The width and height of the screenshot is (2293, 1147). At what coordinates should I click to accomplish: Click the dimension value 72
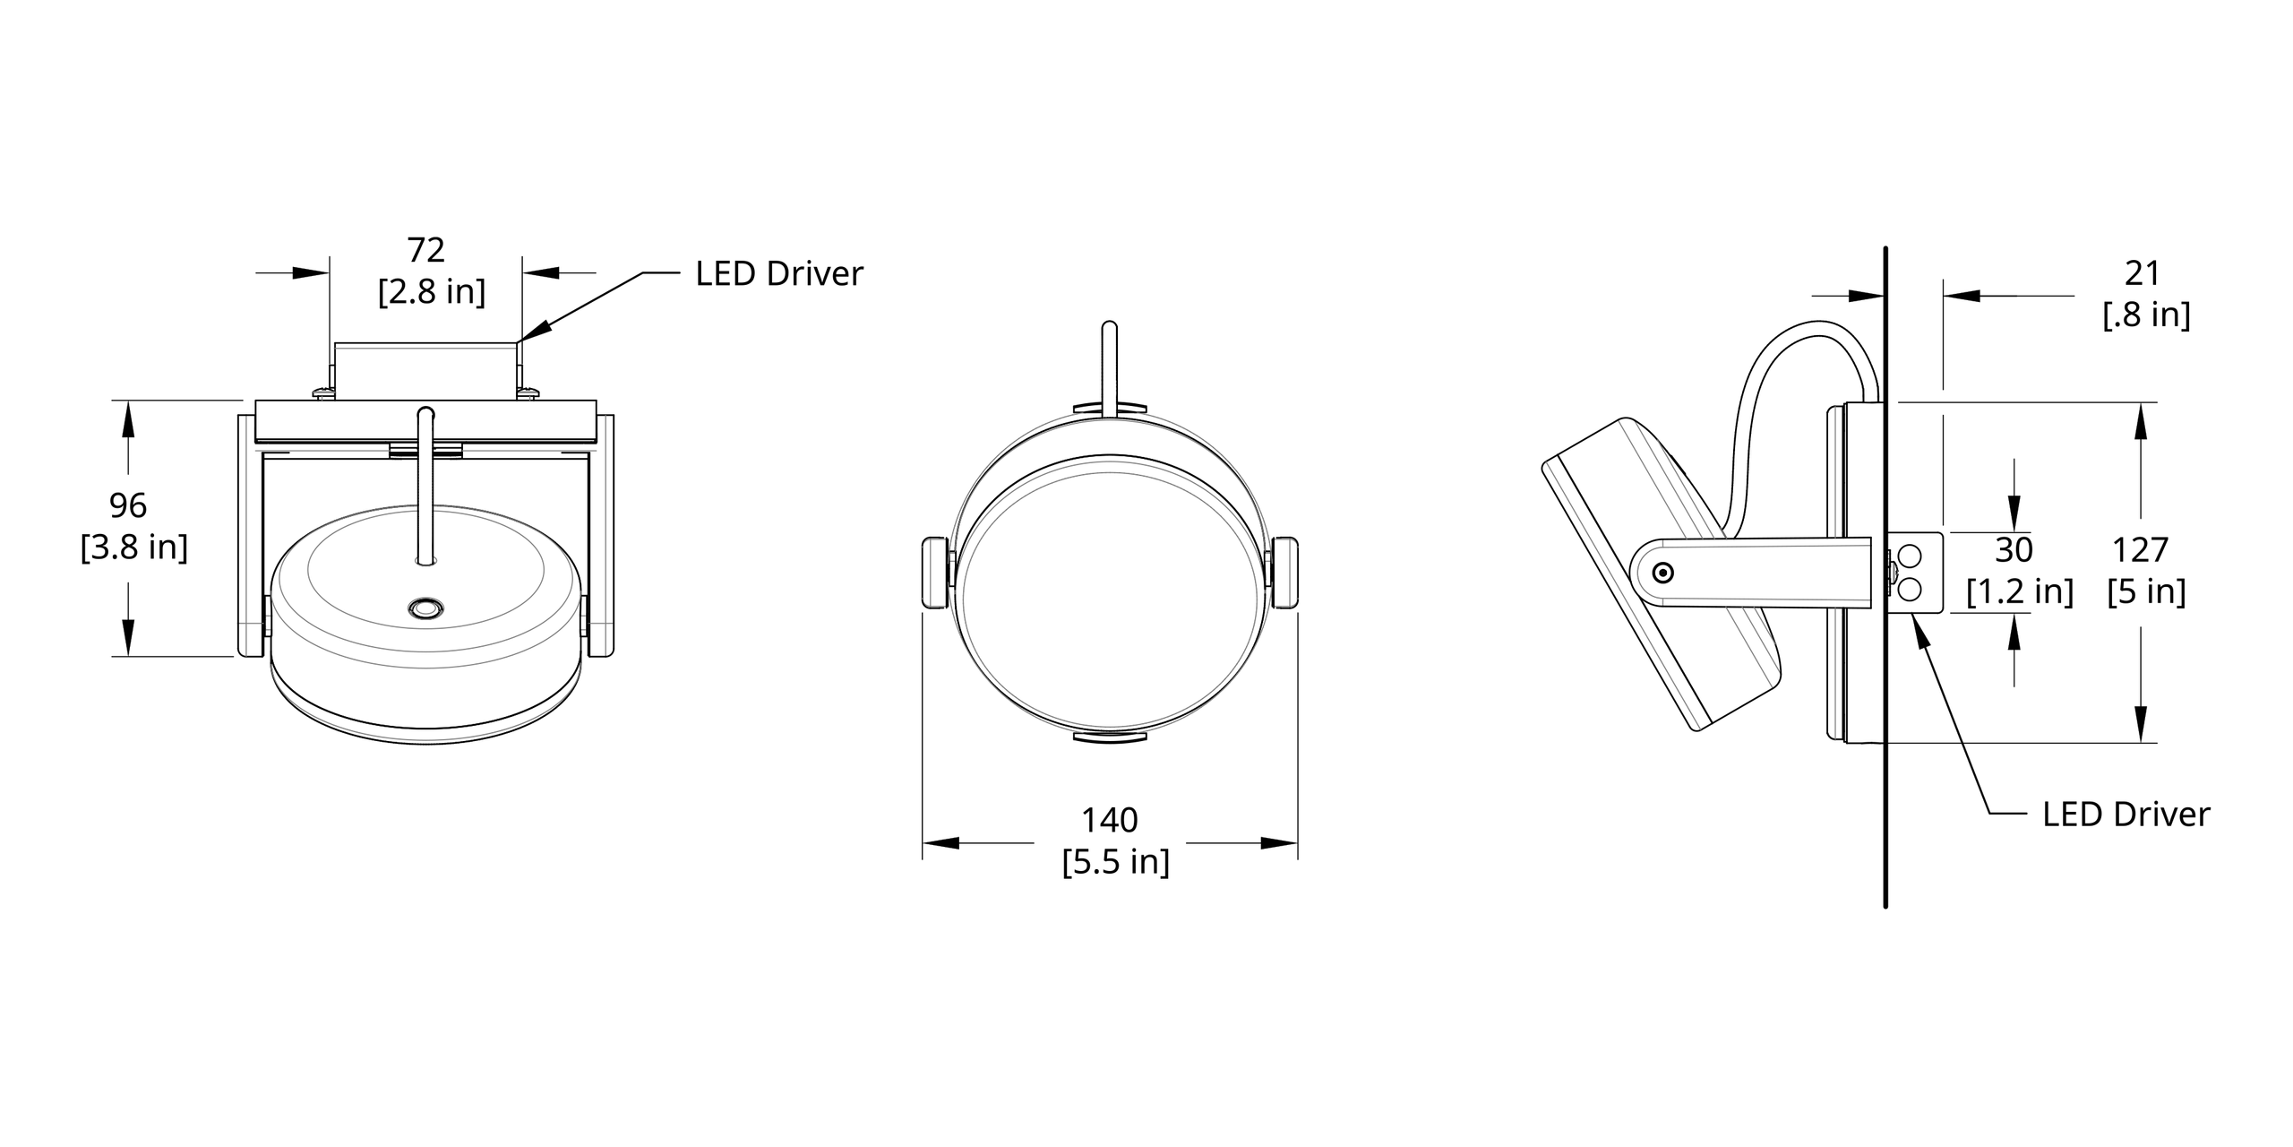425,250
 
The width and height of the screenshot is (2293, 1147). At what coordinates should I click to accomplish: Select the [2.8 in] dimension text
431,291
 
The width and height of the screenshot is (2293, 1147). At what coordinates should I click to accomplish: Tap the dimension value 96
127,505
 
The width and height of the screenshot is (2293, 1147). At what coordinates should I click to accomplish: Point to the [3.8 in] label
134,547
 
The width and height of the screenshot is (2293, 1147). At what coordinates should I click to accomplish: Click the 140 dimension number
1109,820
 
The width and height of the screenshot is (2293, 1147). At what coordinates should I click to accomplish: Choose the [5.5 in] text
1115,862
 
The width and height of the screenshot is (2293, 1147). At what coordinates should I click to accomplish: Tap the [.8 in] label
2146,315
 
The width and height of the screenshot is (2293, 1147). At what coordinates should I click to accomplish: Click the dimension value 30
2014,549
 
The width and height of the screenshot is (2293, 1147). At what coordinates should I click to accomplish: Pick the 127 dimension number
2140,549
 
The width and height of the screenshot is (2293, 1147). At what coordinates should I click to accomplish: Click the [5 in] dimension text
2146,591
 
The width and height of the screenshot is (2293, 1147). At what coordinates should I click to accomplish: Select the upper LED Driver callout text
778,273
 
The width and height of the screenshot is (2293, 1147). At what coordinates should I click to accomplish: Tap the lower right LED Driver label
2126,814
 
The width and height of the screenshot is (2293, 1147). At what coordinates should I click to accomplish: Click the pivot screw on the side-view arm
1663,573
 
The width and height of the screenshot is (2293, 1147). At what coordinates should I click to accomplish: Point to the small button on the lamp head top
425,609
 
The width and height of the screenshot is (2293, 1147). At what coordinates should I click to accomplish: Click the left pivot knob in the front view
934,573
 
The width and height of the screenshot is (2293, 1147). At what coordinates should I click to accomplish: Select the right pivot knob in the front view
1284,573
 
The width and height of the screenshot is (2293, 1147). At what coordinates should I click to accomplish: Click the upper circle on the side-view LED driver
1909,557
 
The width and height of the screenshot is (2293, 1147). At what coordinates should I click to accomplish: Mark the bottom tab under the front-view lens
1110,737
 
